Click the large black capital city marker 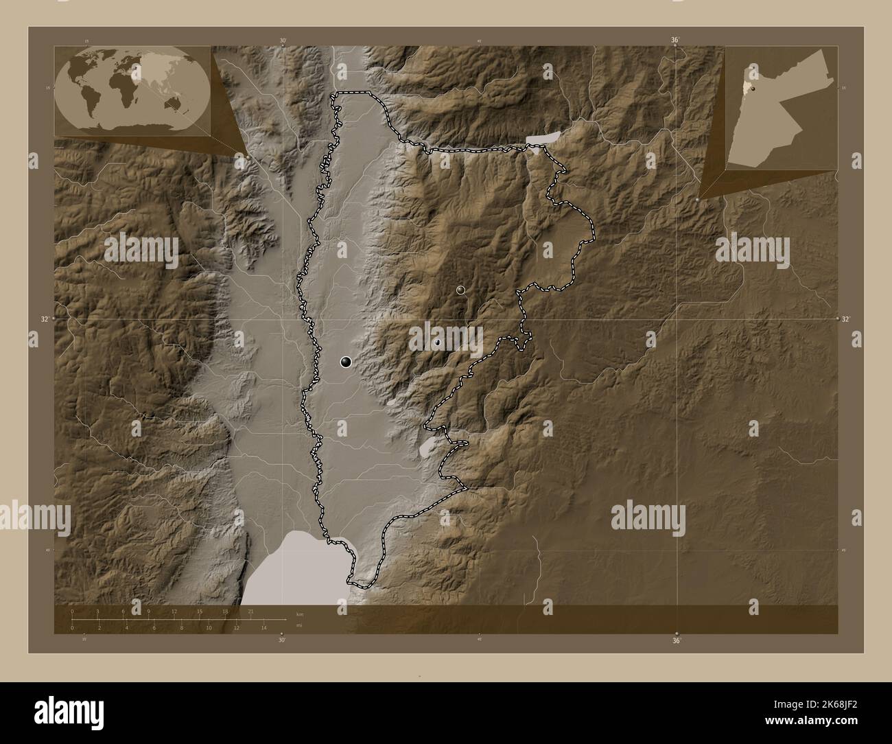346,362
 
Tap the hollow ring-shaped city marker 461,290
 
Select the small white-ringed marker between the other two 437,342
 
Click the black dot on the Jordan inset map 753,88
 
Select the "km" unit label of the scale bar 299,614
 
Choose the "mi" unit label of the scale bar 299,626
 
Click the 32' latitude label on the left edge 45,319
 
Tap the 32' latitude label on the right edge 845,319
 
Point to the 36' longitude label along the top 675,40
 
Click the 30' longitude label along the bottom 281,640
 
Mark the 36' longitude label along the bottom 677,641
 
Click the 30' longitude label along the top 282,40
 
